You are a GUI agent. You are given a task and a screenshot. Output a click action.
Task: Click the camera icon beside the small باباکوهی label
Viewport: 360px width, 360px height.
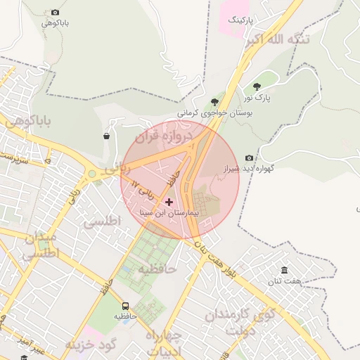click(x=56, y=13)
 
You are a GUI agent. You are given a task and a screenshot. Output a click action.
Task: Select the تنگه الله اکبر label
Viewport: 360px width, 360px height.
click(x=277, y=40)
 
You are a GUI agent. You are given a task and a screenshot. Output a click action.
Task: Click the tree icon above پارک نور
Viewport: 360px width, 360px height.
click(x=257, y=86)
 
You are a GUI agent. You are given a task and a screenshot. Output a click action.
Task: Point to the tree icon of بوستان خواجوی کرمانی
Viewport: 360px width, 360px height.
click(x=214, y=102)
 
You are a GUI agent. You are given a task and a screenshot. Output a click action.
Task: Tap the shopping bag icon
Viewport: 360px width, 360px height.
click(x=106, y=136)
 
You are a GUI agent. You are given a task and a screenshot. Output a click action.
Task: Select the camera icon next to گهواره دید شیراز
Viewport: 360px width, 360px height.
click(x=249, y=158)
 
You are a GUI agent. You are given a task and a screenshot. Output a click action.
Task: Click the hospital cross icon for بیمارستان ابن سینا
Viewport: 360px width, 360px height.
click(x=169, y=202)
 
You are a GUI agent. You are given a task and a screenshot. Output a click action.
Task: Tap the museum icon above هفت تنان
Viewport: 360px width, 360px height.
click(x=284, y=271)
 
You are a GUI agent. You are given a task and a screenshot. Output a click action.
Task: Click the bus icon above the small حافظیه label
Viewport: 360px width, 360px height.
click(x=125, y=306)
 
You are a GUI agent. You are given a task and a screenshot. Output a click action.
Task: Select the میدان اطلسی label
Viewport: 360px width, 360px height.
click(x=41, y=247)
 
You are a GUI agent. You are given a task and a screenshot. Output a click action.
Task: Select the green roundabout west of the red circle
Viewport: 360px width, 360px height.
click(x=91, y=174)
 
